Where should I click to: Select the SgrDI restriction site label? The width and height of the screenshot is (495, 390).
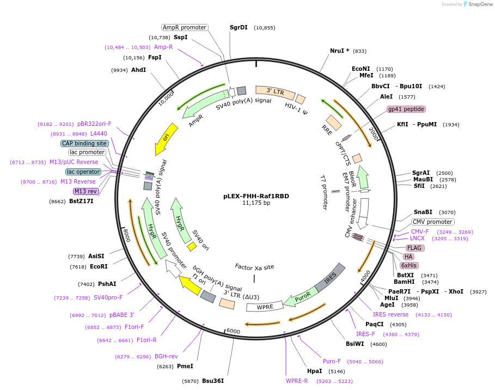point(239,27)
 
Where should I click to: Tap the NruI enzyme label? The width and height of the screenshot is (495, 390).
point(340,51)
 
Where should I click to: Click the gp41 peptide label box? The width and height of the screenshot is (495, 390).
point(406,109)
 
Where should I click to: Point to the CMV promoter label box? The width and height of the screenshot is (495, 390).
point(432,222)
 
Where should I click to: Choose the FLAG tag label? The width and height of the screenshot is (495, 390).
point(414,248)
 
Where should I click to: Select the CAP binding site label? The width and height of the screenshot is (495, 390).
point(84,143)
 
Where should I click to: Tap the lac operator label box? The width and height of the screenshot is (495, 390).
point(84,172)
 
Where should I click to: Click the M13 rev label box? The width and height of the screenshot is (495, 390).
point(85,191)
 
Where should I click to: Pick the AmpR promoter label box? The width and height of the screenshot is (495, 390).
point(185,27)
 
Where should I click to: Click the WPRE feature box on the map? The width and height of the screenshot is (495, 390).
point(265,307)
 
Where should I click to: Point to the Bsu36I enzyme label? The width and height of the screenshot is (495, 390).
point(213,381)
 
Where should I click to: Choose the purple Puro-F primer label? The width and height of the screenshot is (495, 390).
point(332,361)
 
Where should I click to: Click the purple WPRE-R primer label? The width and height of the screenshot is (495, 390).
point(297,381)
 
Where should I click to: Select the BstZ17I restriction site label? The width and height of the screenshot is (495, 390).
point(81,201)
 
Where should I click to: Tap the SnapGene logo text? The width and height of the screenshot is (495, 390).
point(479,4)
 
